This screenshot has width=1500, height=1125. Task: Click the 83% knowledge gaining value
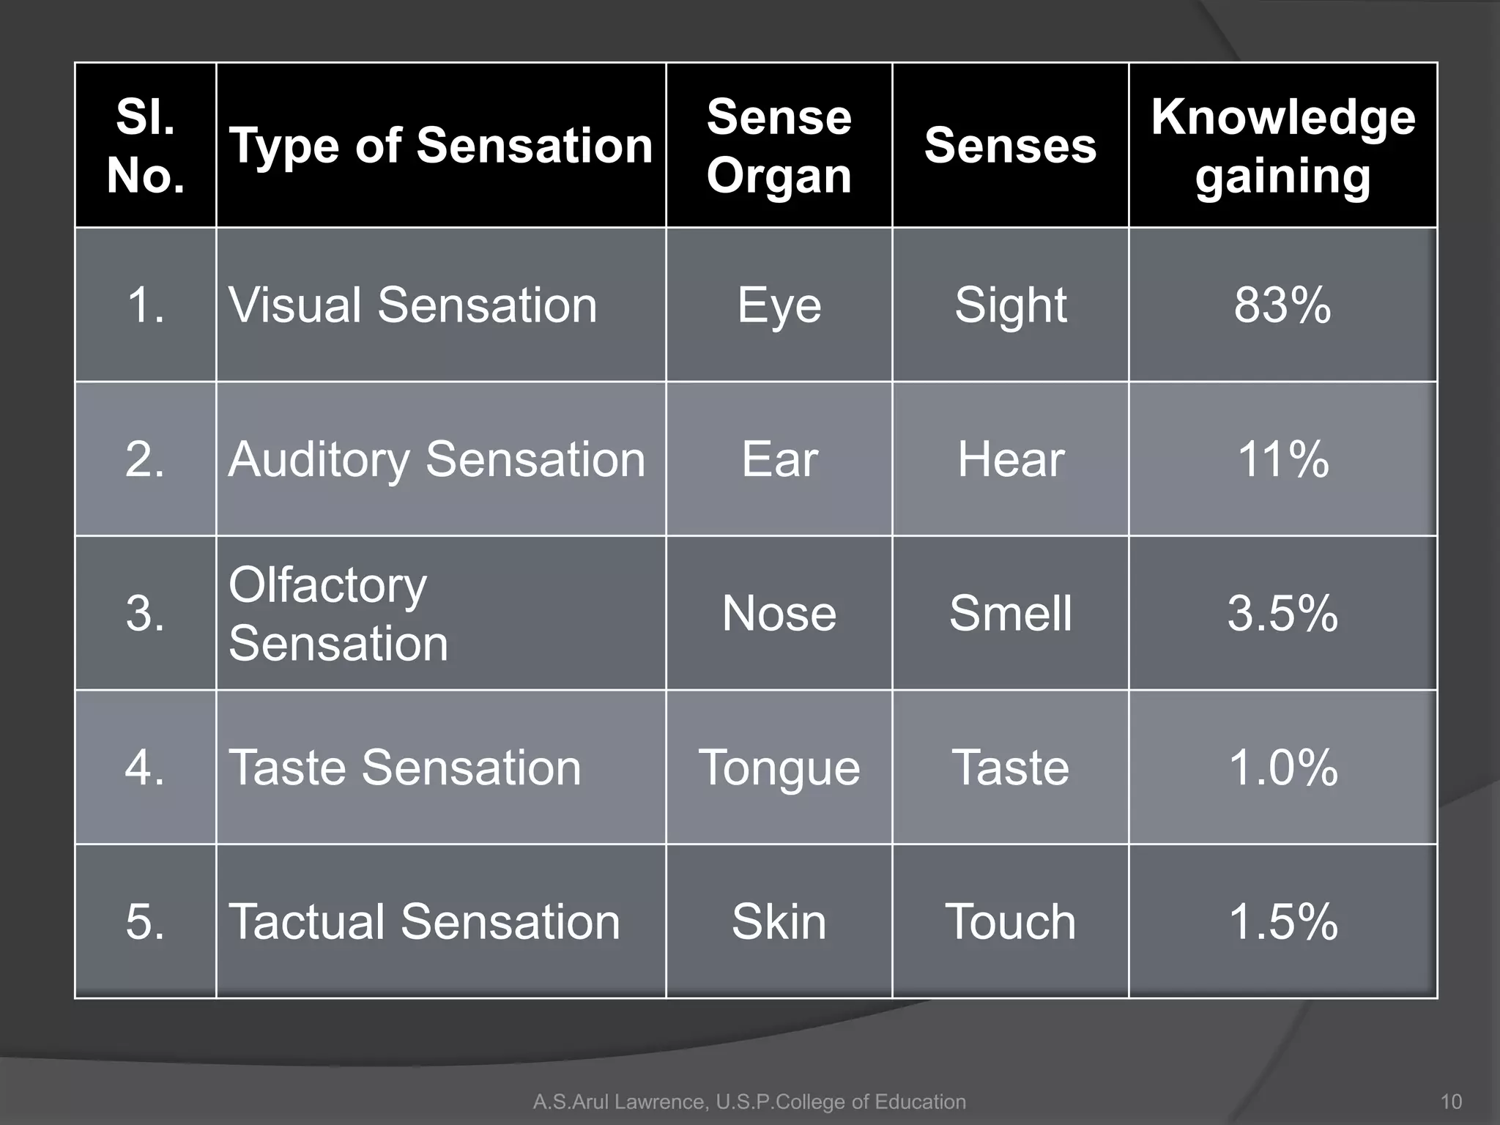click(1282, 305)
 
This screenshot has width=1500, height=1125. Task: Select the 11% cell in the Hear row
click(1282, 459)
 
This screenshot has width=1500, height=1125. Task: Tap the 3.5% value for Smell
click(1282, 614)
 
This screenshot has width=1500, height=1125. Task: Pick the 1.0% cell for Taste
click(1282, 768)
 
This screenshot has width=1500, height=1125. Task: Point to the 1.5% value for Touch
click(1282, 921)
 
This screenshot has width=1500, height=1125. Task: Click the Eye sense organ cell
click(779, 305)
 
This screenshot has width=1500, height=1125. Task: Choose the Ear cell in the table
click(779, 459)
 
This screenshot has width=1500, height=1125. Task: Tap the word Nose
click(779, 614)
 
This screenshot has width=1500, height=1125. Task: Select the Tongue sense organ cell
click(779, 768)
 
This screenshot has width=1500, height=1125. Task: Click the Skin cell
click(779, 921)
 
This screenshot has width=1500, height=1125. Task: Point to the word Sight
click(1010, 305)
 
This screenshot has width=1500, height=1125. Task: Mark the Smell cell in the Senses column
click(1010, 614)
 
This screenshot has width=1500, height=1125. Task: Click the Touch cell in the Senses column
click(1010, 921)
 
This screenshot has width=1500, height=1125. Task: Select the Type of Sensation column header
click(440, 145)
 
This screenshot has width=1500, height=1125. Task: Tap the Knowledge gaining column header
click(1282, 145)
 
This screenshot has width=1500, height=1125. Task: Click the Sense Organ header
click(779, 145)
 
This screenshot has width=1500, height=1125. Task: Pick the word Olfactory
click(327, 586)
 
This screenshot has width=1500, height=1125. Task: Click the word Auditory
click(319, 460)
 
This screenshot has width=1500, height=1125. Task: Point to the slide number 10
click(1450, 1102)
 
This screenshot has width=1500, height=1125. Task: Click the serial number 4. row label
click(145, 768)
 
